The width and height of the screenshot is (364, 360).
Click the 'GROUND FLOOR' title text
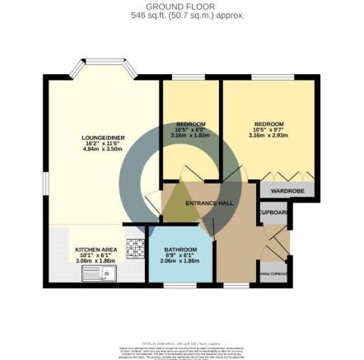point(183,6)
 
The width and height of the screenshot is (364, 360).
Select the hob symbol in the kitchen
point(134,245)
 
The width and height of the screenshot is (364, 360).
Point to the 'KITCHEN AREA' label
point(91,248)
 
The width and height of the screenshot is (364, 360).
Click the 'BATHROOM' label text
point(180,249)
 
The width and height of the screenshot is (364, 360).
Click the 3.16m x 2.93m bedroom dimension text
point(269,136)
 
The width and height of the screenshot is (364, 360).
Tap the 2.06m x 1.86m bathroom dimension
point(180,260)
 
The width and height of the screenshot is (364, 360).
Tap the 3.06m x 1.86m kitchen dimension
point(91,259)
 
